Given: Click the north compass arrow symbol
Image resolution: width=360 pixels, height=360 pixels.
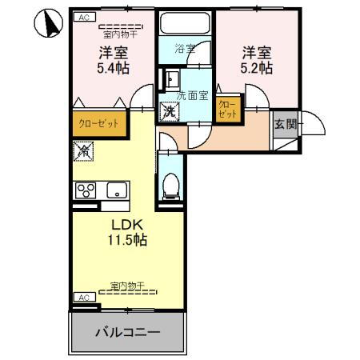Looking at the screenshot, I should tap(48, 25).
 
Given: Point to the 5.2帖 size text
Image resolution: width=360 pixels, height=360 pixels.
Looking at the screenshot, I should tap(256, 70).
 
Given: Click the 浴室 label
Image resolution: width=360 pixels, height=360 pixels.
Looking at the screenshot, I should tap(186, 49).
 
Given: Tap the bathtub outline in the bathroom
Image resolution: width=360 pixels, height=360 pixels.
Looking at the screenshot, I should tap(186, 24).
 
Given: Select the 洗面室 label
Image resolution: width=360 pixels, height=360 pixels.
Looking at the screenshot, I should tap(192, 95).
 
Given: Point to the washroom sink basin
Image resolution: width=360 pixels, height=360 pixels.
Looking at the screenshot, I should tap(170, 79).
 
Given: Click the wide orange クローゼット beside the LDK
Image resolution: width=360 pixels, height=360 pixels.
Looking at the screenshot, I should tap(98, 124).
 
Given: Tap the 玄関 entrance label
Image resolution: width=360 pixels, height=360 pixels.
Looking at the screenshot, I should tap(284, 124).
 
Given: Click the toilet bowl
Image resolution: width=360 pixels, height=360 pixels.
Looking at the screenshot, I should tap(170, 186).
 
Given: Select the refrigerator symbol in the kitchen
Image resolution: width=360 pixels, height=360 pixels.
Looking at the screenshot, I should tap(82, 150).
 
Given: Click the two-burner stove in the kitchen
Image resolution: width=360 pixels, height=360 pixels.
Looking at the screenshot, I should tap(86, 190).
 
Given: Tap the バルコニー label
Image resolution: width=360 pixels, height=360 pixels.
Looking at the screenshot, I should tap(129, 331).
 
